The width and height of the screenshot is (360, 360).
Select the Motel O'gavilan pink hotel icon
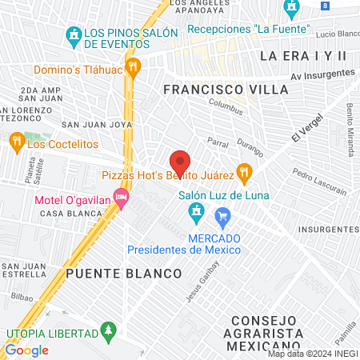pos(121,196)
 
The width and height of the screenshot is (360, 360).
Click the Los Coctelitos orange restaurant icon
pos(15,143)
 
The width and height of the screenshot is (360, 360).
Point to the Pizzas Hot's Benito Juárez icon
pos(245,171)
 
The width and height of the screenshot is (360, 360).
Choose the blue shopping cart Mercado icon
pos(223,215)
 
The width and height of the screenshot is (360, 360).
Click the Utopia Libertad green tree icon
pos(108,330)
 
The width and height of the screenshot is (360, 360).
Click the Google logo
pos(26,350)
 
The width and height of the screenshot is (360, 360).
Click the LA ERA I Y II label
pos(303,55)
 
